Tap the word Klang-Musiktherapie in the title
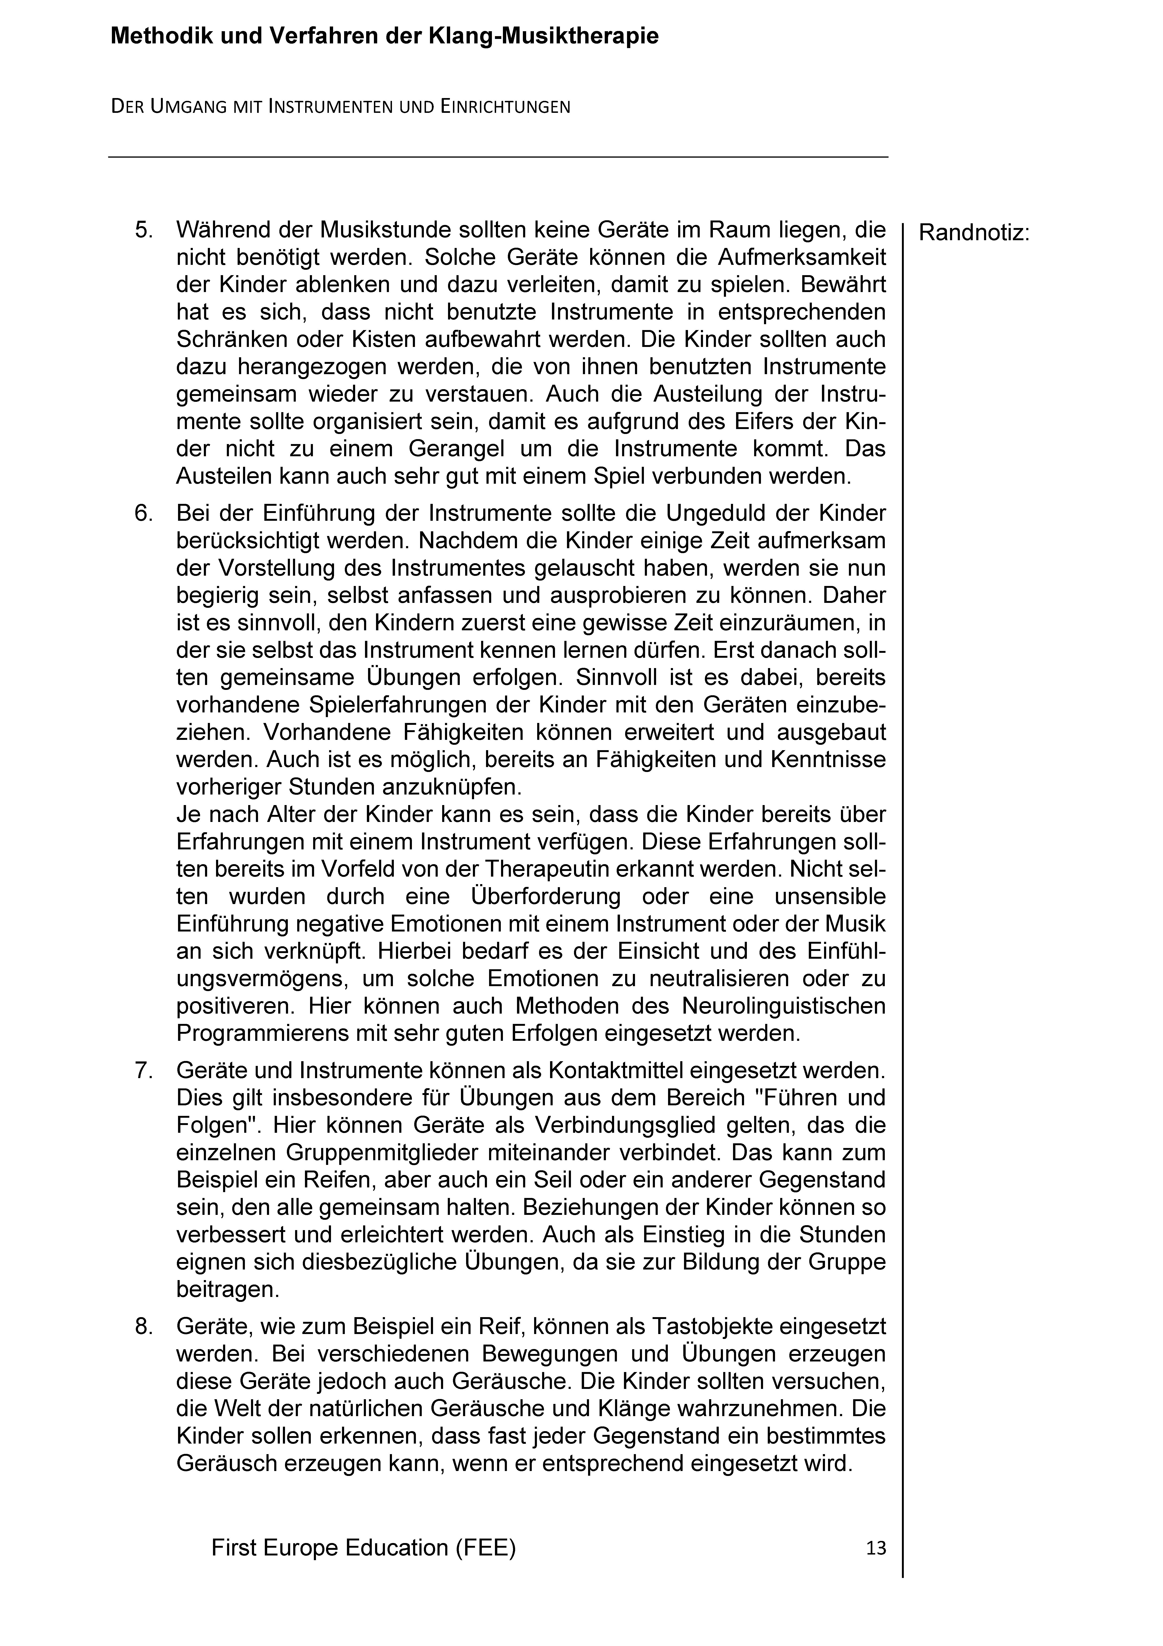543,37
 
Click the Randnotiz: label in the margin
974,234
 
